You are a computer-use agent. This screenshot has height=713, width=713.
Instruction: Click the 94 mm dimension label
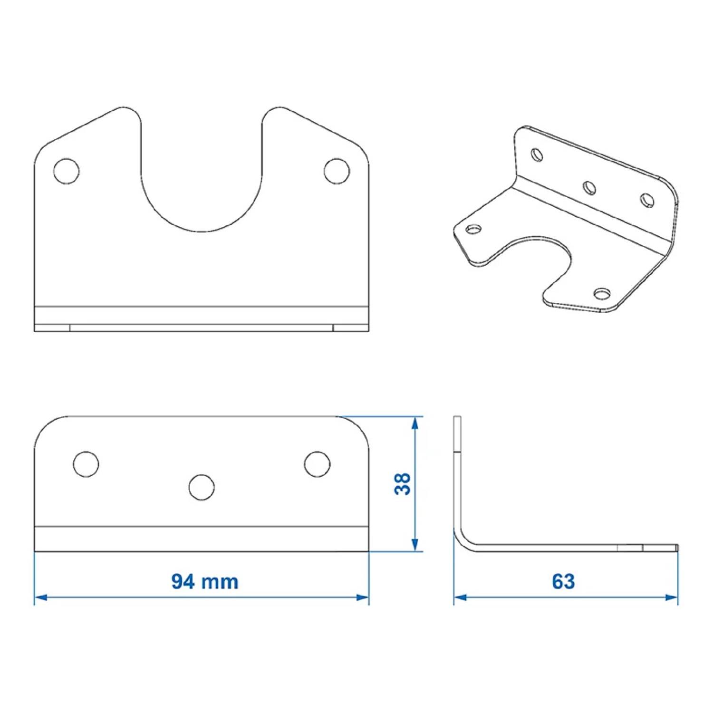point(204,581)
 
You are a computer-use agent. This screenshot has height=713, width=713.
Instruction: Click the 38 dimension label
point(403,484)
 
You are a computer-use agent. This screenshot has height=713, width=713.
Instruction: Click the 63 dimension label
point(563,581)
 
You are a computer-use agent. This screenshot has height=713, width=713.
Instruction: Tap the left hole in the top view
point(67,171)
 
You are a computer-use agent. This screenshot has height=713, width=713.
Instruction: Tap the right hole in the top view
point(337,171)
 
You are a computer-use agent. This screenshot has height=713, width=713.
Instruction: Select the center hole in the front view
point(202,487)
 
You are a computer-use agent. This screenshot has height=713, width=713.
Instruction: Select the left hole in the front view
point(86,464)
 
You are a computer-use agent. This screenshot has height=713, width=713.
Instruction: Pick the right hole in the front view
point(317,464)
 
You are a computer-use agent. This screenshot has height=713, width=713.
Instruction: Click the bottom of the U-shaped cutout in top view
point(202,231)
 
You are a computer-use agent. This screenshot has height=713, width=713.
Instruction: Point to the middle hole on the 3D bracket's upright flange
point(589,188)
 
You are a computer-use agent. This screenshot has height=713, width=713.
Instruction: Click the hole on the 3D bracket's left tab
point(473,230)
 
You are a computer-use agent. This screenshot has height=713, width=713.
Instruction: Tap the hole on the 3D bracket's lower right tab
point(602,294)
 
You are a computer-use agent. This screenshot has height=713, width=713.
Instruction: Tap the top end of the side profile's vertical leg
point(457,418)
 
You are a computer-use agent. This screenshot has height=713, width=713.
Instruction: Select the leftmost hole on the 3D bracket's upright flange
point(537,154)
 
